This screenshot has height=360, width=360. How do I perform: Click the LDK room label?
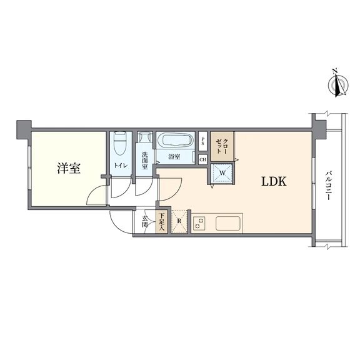coord(274,181)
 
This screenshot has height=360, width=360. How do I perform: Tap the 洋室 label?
coord(69,168)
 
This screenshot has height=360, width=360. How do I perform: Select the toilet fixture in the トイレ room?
coord(121,143)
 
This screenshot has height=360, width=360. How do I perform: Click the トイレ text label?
coord(121,166)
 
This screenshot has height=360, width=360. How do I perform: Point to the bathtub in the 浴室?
coord(176,139)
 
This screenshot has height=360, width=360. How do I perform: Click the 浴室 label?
coord(174,157)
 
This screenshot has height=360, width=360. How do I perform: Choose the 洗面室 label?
coord(144,161)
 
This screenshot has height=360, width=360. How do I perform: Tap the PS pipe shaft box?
coord(202,141)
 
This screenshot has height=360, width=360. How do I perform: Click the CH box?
coord(202,159)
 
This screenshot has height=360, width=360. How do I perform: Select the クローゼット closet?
coord(222,146)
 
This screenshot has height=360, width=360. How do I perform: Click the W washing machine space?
coord(222,173)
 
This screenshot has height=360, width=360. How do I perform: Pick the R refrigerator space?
coord(179,221)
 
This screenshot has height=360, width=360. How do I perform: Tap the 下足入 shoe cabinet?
coord(162,222)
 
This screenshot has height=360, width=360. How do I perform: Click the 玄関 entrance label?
coord(144,221)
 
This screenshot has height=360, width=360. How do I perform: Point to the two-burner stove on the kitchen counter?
coord(199,224)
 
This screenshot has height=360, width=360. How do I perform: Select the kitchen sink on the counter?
coord(228,224)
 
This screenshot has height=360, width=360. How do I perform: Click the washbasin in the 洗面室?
coord(145,137)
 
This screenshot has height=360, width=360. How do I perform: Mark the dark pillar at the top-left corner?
coord(24,130)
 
